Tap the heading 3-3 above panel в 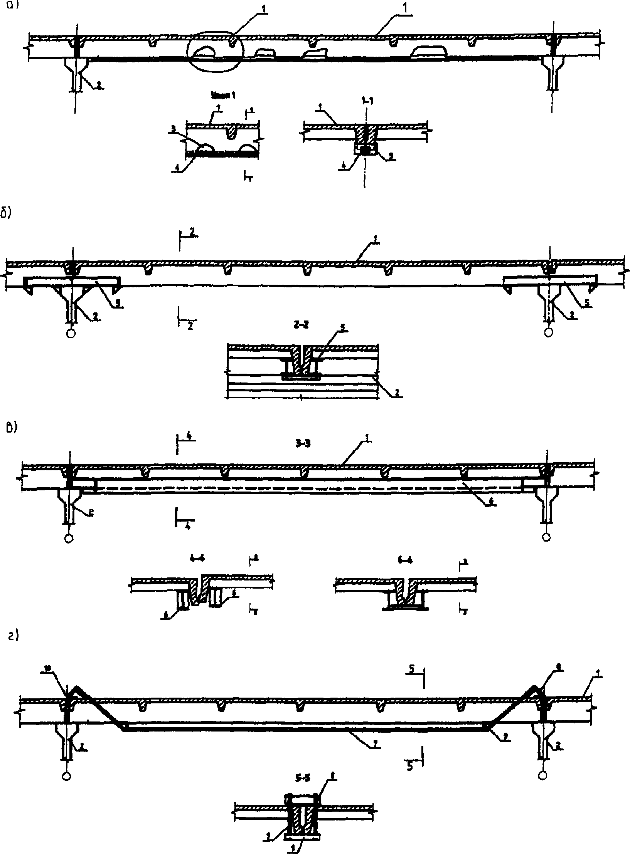[302, 443]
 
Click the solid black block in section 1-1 [365, 148]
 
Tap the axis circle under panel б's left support [70, 333]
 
